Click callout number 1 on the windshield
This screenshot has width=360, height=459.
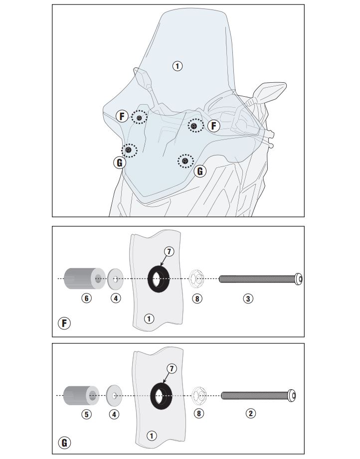pos(177,65)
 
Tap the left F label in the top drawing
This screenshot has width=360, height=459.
pos(122,117)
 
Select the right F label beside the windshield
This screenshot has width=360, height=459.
pos(213,126)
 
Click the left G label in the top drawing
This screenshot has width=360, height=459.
pos(120,162)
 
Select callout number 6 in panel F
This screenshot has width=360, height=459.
pos(87,299)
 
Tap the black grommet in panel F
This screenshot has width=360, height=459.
pos(159,279)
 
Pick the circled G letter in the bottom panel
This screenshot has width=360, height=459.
pos(64,442)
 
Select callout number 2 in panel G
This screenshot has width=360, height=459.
pos(252,414)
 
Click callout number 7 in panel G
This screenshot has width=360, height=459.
pos(172,369)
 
